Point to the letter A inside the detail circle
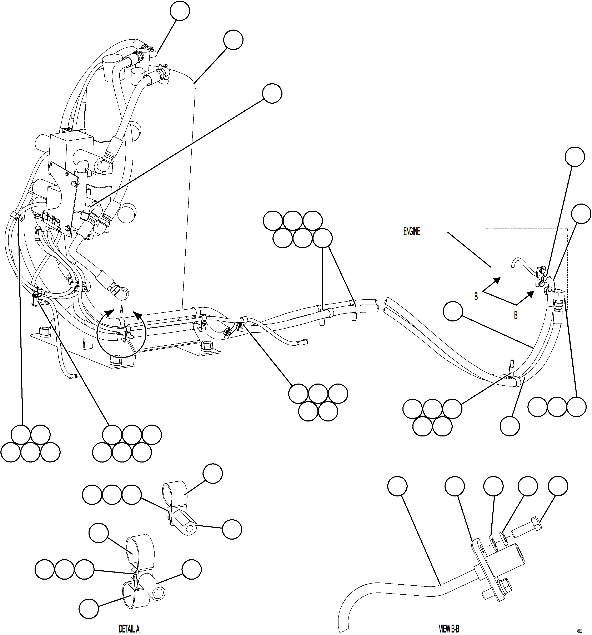point(121,310)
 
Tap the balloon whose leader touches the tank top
point(233,40)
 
